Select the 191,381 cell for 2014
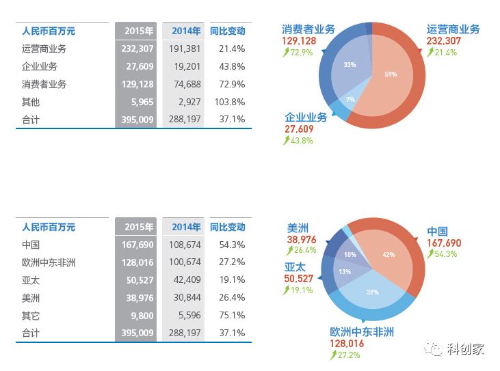click(x=183, y=49)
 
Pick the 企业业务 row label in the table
click(x=40, y=67)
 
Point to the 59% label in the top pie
click(x=391, y=74)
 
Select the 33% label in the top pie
click(x=350, y=65)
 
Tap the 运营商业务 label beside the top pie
click(x=453, y=29)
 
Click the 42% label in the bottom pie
click(x=389, y=255)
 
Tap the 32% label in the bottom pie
click(x=373, y=292)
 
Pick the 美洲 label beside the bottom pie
click(x=298, y=228)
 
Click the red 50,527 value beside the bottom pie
click(x=298, y=279)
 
